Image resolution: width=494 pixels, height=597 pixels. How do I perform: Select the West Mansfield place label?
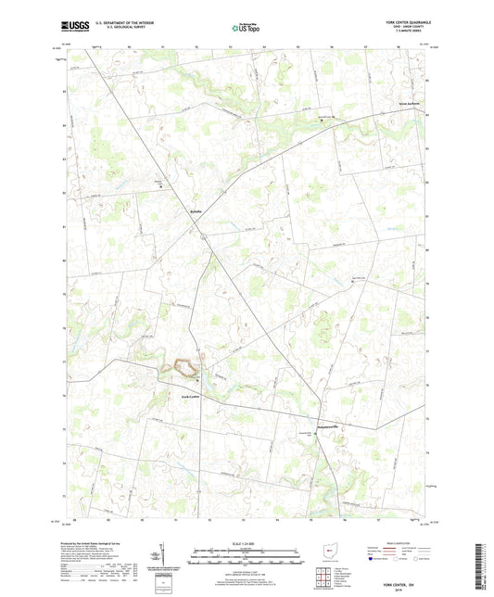click(x=409, y=102)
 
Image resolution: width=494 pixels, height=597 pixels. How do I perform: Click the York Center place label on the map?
click(x=189, y=397)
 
